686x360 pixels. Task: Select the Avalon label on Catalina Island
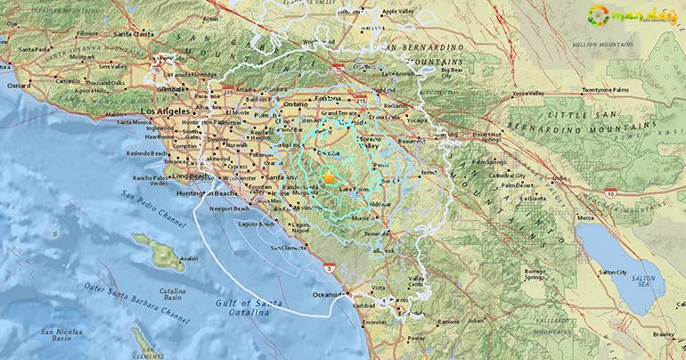click(x=189, y=258)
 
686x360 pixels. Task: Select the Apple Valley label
click(x=399, y=12)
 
